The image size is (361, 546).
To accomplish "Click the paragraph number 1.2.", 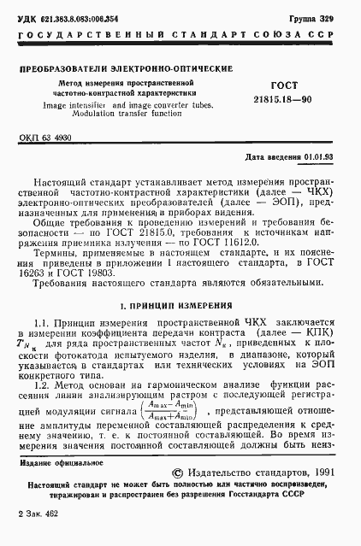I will point(44,360).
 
